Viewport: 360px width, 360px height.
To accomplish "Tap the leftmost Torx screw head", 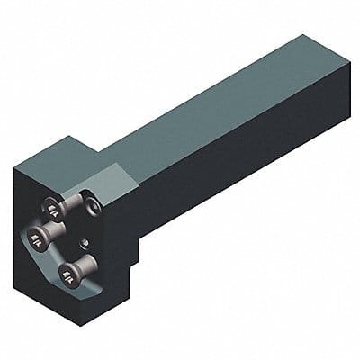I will coord(37,238).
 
